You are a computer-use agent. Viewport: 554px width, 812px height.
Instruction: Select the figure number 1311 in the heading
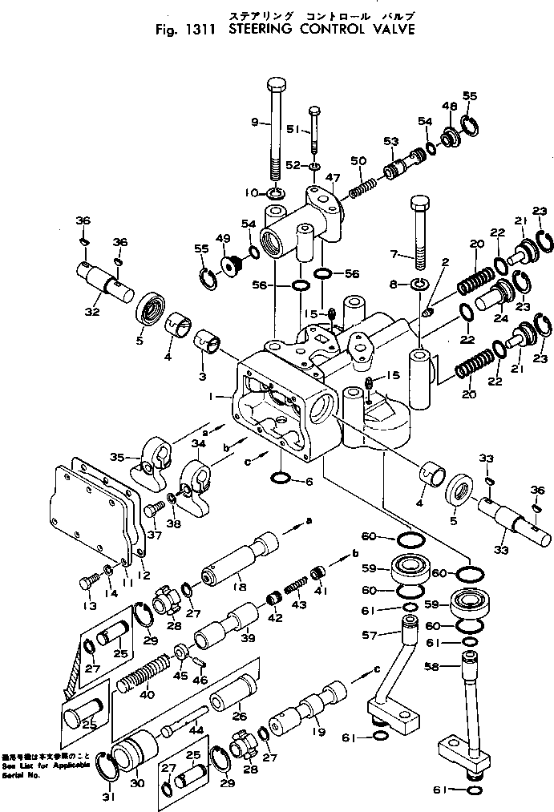(x=199, y=32)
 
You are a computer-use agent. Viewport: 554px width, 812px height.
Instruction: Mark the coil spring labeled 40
(x=144, y=672)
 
